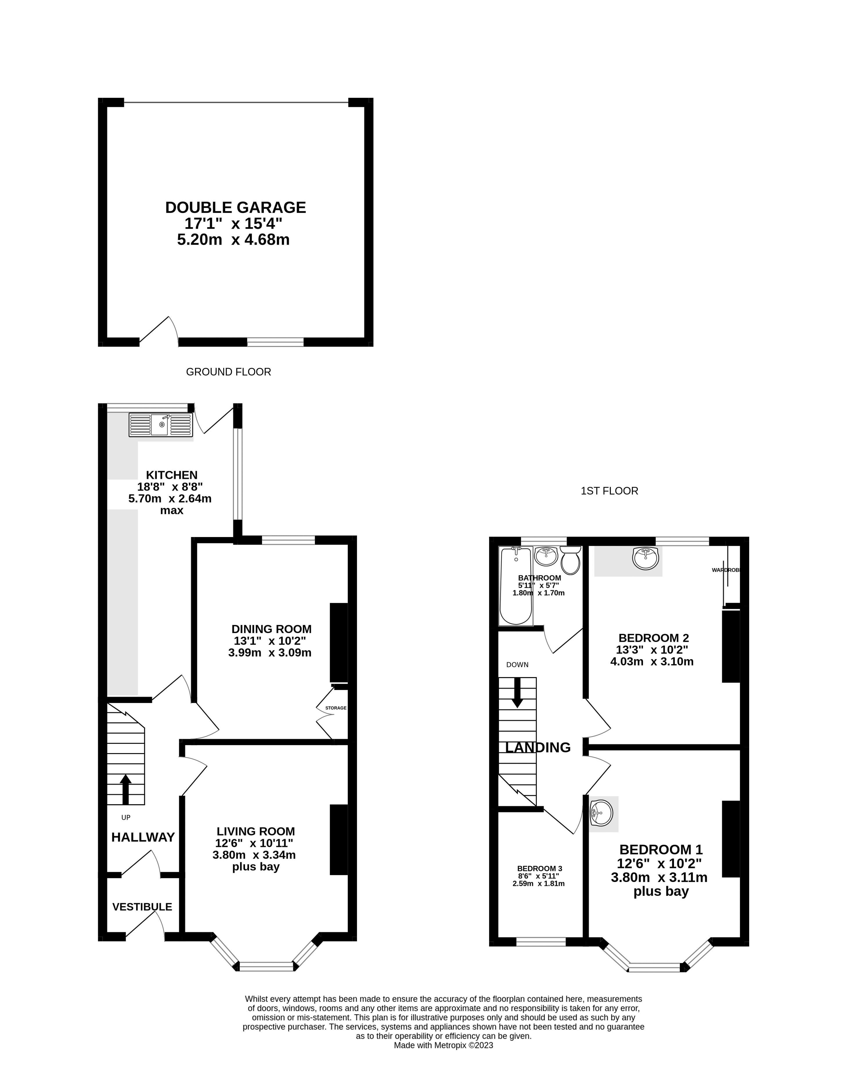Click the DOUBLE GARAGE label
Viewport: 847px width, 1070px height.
click(x=236, y=207)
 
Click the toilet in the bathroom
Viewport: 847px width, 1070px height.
click(x=571, y=561)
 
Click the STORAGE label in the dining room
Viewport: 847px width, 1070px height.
click(x=336, y=708)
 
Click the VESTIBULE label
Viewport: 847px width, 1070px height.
click(x=142, y=907)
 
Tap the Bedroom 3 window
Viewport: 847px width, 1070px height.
click(x=541, y=942)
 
